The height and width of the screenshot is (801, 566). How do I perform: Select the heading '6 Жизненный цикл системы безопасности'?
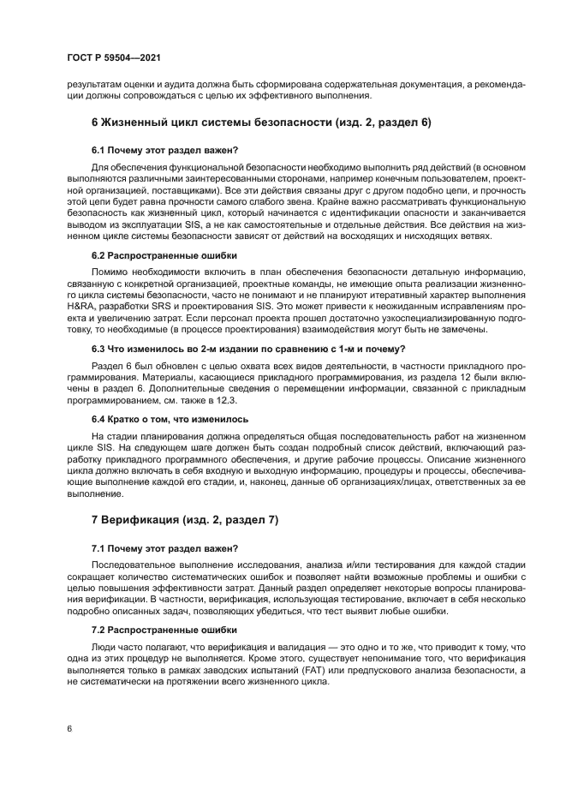[260, 123]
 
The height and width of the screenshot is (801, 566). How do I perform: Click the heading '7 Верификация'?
[185, 520]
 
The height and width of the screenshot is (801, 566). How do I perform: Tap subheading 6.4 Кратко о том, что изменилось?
[170, 419]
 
